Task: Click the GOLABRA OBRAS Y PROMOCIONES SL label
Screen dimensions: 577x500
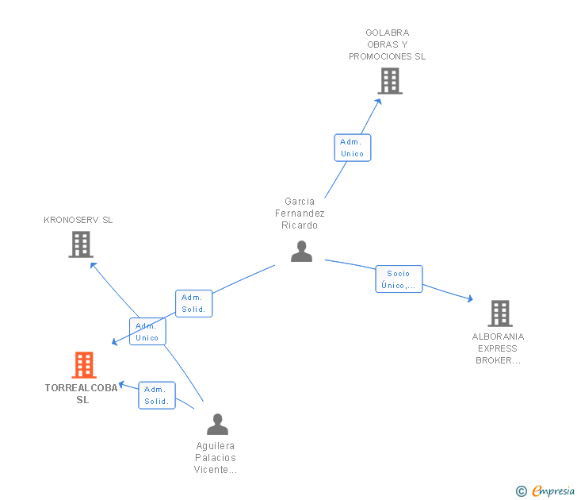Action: pos(387,44)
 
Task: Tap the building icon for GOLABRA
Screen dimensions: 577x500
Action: pos(390,81)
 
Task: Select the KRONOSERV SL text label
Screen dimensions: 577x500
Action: pos(78,220)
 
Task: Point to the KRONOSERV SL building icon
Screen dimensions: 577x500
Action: pos(81,244)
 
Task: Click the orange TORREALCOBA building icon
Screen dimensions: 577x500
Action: pos(84,365)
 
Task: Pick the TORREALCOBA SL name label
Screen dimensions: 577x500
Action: pos(82,394)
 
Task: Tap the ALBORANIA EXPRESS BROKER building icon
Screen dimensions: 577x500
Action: pos(500,313)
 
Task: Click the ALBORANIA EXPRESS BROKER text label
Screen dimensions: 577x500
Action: pos(498,348)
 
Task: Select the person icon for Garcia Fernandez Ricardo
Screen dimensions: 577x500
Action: pos(301,252)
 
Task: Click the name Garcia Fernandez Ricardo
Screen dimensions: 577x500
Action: pos(300,213)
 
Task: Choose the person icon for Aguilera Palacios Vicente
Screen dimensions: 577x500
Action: pos(217,424)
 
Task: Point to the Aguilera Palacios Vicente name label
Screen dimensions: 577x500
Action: pos(216,458)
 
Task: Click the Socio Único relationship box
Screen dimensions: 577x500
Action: pos(399,279)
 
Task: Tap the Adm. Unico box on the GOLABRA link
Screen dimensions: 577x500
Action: pos(353,148)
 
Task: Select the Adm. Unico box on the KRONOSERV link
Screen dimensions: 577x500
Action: pos(147,331)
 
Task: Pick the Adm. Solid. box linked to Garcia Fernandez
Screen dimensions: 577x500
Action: pos(194,303)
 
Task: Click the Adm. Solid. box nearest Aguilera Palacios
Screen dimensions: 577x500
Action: pos(157,395)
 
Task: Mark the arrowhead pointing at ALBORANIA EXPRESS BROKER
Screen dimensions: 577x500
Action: pos(470,299)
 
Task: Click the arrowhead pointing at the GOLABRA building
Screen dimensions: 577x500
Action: pos(378,102)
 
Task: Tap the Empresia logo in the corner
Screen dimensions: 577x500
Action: pos(545,490)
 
